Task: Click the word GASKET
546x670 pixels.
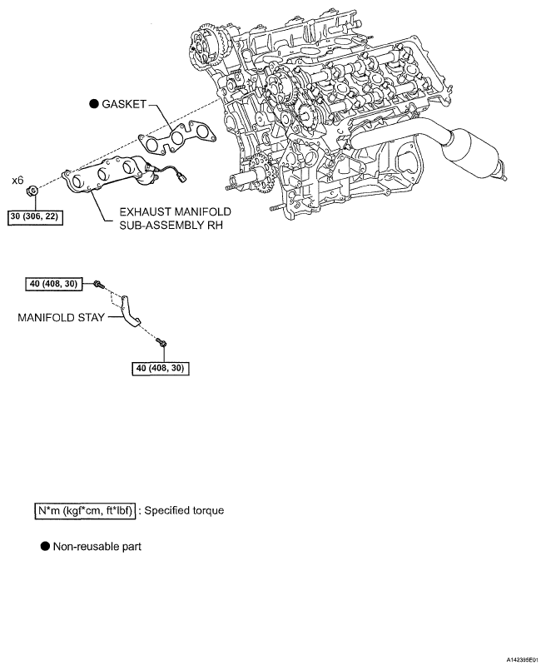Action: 123,104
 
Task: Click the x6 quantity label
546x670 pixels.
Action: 17,179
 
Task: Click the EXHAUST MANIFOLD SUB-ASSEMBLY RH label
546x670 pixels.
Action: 174,219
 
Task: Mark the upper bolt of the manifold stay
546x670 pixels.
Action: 97,285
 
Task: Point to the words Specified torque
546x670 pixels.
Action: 184,509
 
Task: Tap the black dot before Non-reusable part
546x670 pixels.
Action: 44,547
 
